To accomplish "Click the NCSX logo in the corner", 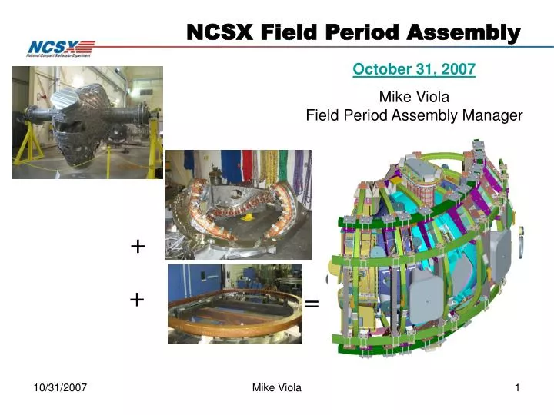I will [x=61, y=48].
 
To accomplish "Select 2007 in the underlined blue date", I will [x=459, y=70].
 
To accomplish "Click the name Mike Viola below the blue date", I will [x=414, y=97].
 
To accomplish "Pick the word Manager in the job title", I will [x=492, y=115].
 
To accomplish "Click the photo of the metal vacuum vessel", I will [x=88, y=122].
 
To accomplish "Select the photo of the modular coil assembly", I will [x=239, y=204].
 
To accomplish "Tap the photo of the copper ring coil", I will [x=235, y=304].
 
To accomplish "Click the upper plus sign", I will [x=138, y=247].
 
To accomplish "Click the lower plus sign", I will [x=138, y=300].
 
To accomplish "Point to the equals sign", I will [x=312, y=304].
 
